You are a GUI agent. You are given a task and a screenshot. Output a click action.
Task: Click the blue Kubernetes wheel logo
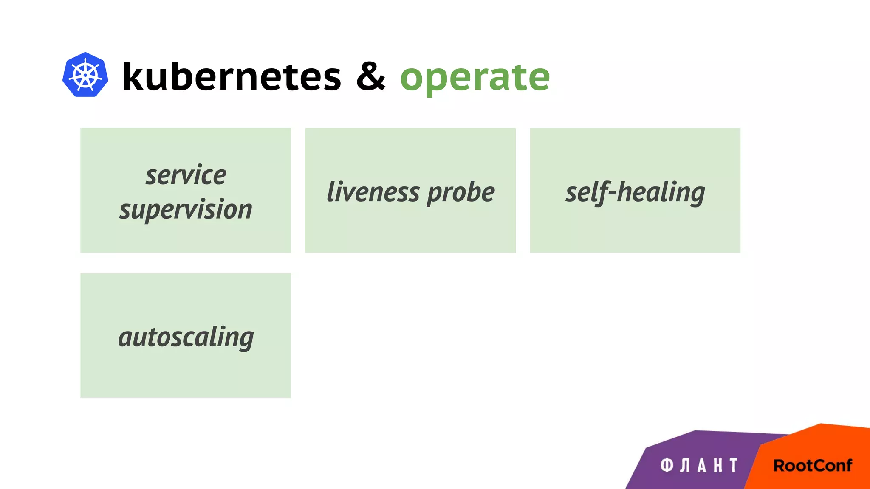85,75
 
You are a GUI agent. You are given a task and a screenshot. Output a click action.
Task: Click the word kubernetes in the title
232,76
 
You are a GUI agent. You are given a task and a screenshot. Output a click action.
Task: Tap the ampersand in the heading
370,76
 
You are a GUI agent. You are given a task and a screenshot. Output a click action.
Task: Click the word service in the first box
186,175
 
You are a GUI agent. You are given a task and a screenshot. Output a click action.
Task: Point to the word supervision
186,210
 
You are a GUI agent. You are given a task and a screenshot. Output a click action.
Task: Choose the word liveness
373,192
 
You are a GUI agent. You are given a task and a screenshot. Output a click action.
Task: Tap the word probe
461,193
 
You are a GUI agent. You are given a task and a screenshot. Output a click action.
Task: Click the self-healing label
635,192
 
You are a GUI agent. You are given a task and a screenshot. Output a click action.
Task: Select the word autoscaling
186,337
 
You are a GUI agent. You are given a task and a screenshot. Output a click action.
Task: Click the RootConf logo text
812,466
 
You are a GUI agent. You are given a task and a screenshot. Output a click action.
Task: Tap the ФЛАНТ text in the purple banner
699,466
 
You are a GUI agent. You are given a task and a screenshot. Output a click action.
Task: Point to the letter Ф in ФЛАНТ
667,465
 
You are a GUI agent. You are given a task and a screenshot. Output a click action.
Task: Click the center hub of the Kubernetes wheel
85,75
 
